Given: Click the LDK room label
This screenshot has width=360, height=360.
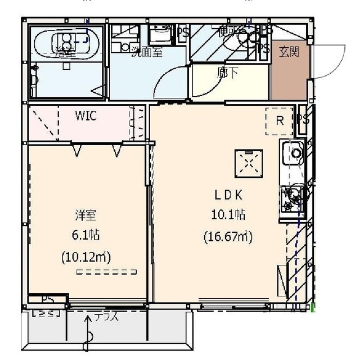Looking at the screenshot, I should coord(227,195).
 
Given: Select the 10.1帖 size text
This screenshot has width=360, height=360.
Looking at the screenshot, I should coord(227,215).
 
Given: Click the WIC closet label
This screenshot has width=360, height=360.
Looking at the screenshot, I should coord(86,116).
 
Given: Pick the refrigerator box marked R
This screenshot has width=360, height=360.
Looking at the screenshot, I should coord(279,120).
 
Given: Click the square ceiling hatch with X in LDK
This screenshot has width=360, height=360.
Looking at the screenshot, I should coord(249,163).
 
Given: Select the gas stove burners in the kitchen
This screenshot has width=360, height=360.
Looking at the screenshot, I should coord(292,197).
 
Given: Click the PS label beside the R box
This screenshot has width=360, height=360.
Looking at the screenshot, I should coord(304,119).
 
